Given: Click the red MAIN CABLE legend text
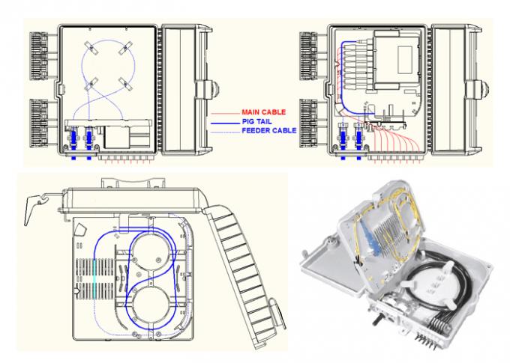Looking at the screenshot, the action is [x=264, y=112].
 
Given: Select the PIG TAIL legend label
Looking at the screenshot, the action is [x=256, y=122].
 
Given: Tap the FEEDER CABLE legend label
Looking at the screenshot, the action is [x=269, y=130].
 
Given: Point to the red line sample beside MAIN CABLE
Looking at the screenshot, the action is [x=225, y=114].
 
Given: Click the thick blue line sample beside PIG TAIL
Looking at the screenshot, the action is [x=225, y=123].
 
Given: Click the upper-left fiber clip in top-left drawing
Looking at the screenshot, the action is [x=92, y=49].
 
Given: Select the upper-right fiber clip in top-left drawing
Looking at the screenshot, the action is [x=125, y=49].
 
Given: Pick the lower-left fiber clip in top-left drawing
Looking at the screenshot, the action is [x=91, y=85].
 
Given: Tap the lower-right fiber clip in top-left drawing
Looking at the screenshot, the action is [x=125, y=84].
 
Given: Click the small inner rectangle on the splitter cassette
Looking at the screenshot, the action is [x=405, y=59].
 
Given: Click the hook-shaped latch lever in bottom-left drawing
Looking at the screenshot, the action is [x=35, y=209].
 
